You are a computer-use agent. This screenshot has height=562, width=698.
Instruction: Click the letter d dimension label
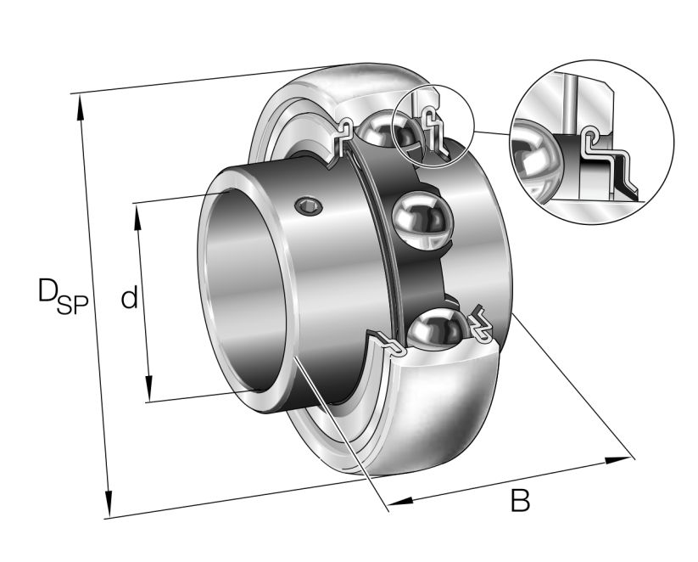pos(128,298)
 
